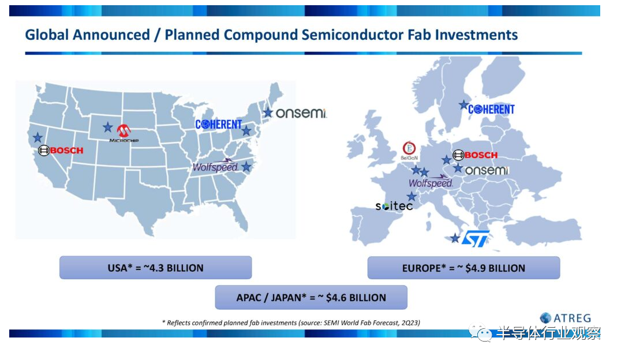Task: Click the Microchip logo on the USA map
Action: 124,133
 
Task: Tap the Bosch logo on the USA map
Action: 61,151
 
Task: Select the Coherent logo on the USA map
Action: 218,125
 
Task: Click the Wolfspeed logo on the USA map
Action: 215,166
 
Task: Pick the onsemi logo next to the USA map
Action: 301,113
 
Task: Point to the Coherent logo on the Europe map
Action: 491,109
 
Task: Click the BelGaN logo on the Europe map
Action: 409,151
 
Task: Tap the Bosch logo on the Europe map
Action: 475,155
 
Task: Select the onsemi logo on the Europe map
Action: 487,171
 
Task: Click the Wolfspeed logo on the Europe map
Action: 431,181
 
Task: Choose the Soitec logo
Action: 394,206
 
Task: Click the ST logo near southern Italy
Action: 476,239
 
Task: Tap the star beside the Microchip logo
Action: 108,127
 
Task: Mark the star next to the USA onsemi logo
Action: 268,112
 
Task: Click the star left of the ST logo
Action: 455,238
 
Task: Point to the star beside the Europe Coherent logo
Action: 463,105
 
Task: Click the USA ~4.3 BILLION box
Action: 156,268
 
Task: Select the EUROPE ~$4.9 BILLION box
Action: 463,268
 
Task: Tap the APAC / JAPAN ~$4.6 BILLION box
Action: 311,298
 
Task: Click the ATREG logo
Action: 565,318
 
